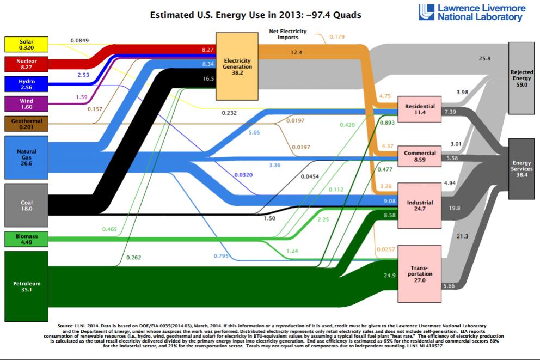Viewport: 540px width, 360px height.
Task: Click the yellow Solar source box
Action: [x=26, y=44]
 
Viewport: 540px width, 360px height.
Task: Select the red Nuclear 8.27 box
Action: [x=26, y=64]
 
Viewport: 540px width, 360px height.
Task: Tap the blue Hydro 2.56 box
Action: [x=26, y=84]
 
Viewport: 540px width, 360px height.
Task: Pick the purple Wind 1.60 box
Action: [x=26, y=104]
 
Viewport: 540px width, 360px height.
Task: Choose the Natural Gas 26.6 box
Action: [x=26, y=157]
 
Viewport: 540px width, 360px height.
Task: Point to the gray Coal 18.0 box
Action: [x=26, y=205]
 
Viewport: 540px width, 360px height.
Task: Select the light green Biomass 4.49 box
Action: [x=26, y=240]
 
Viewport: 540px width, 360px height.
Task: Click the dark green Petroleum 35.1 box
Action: [x=26, y=286]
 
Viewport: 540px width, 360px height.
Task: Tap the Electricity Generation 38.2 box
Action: [x=237, y=66]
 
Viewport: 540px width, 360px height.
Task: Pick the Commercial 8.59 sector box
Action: [x=420, y=157]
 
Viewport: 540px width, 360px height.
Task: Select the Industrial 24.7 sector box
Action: [x=420, y=205]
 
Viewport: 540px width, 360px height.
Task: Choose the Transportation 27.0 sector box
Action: [x=420, y=272]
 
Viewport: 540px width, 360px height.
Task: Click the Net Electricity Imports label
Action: [x=288, y=34]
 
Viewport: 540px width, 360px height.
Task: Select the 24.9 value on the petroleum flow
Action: [x=389, y=276]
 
